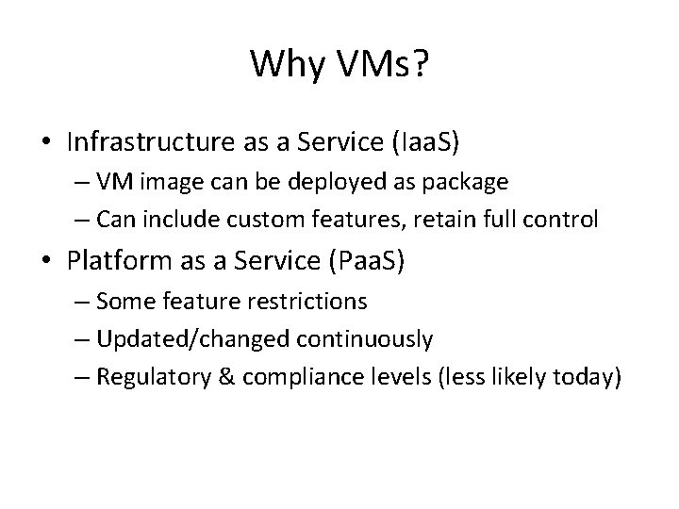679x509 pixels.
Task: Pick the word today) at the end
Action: coord(589,378)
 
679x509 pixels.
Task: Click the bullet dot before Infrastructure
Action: coord(45,142)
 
